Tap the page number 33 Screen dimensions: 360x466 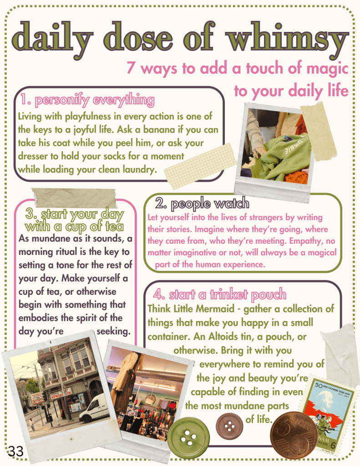pos(15,451)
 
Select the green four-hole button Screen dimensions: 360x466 pos(188,435)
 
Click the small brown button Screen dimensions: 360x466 pos(229,426)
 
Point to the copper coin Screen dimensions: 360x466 pos(294,435)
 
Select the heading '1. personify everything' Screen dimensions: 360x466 pos(87,100)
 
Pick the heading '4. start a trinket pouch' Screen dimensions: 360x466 pos(220,294)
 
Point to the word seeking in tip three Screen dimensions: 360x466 pos(113,331)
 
